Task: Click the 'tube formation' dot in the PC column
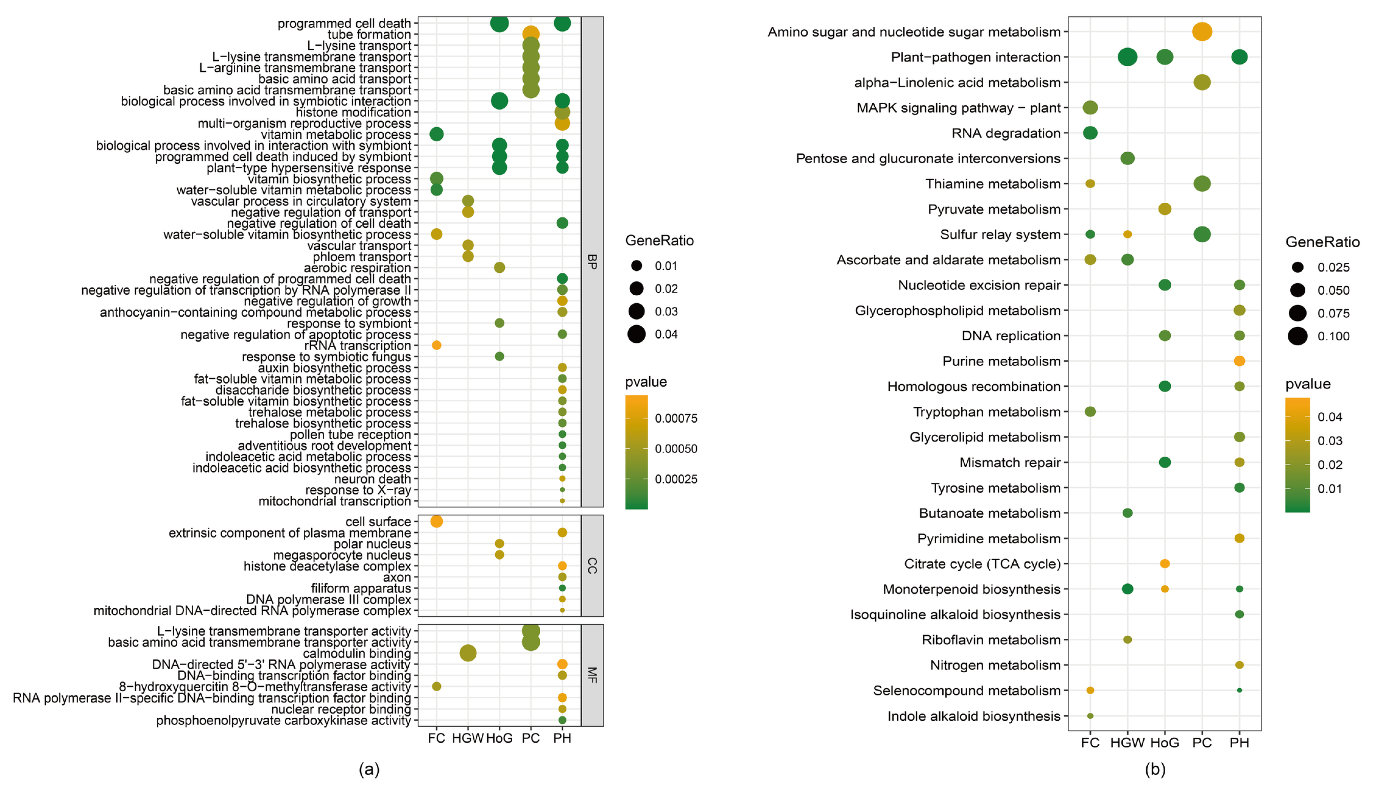(x=531, y=35)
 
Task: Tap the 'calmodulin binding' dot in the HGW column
(x=468, y=653)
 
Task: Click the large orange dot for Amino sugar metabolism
(x=1202, y=32)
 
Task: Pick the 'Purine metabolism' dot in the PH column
(x=1240, y=361)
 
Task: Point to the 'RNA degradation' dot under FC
(x=1090, y=133)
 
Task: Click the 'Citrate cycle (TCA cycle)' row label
(x=982, y=564)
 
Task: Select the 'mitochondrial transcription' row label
(x=335, y=501)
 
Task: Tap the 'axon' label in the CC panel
(x=397, y=577)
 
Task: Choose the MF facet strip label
(x=592, y=675)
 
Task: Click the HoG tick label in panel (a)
(x=499, y=738)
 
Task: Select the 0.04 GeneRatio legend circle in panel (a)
(x=636, y=335)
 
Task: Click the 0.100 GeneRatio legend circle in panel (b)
(x=1297, y=336)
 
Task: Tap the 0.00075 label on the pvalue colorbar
(x=676, y=418)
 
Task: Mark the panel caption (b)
(x=1155, y=769)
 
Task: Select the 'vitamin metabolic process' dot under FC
(x=436, y=134)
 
